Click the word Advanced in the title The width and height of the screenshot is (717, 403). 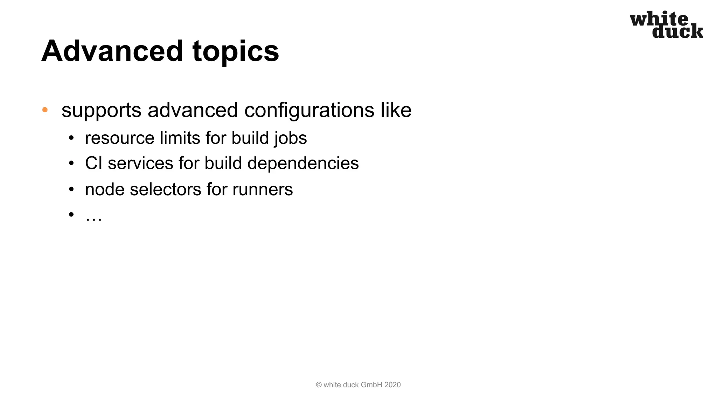pos(112,51)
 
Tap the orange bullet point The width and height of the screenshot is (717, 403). pos(45,110)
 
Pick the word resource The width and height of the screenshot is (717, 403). pos(119,139)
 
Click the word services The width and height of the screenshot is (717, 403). pos(140,163)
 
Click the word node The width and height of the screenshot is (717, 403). pos(105,190)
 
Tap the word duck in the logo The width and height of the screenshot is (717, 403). pos(677,31)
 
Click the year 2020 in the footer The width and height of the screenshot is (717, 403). pos(392,385)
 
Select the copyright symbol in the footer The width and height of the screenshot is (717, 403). pos(319,385)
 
